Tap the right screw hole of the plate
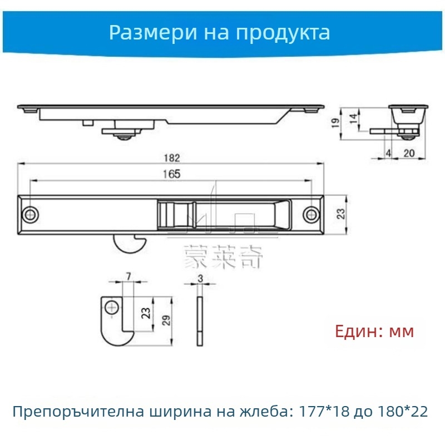coord(312,214)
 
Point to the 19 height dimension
coord(334,123)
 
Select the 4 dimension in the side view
coord(388,154)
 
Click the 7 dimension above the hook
coord(128,276)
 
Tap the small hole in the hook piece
coord(113,307)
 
